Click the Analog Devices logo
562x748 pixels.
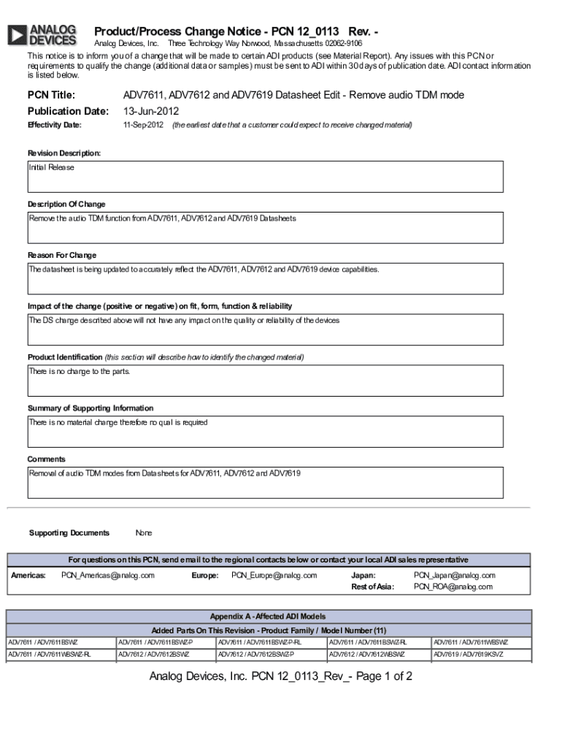coord(42,35)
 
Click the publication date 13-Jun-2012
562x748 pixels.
coord(151,111)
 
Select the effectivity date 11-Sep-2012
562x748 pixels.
coord(143,126)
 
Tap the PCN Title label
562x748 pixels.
coord(52,95)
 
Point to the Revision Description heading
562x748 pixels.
coord(64,153)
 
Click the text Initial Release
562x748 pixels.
coord(52,167)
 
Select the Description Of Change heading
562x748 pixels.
coord(66,205)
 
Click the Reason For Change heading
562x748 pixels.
coord(62,255)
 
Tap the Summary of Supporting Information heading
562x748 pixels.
coord(91,408)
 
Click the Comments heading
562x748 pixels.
coord(47,459)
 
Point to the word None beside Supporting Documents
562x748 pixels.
coord(144,533)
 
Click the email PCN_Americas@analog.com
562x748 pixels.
coord(108,576)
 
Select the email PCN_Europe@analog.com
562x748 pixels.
coord(274,576)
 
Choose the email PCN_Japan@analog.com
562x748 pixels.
coord(455,576)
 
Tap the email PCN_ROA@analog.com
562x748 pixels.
coord(453,587)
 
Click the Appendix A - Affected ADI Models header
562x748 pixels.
coord(268,617)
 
